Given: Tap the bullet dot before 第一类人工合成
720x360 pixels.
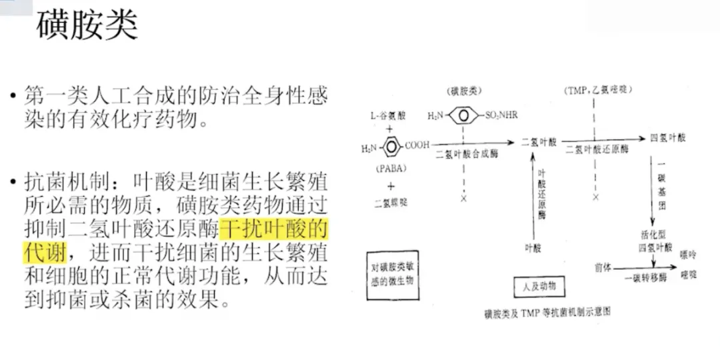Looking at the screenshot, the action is pos(13,97).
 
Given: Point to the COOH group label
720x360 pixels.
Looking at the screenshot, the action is pos(417,144).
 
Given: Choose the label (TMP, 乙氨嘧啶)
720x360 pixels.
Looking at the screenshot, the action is pos(597,90).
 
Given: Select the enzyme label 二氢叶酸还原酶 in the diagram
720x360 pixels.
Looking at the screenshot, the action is pos(597,149).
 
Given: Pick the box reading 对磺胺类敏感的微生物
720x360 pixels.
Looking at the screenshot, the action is pos(393,275).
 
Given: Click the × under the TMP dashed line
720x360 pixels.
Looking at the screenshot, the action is pos(595,197).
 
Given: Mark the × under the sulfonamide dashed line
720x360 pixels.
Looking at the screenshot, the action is pos(463,199).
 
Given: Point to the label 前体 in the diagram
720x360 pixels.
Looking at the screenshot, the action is pos(603,267).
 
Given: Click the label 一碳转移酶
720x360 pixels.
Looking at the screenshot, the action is pos(645,278).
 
